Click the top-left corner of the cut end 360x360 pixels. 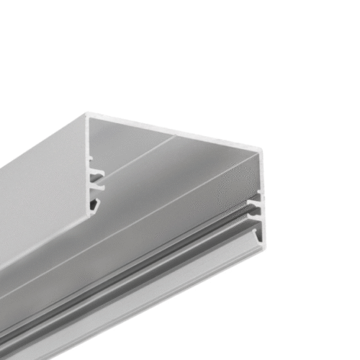88,114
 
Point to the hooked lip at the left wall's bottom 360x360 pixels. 93,210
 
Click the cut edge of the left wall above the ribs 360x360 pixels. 88,144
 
